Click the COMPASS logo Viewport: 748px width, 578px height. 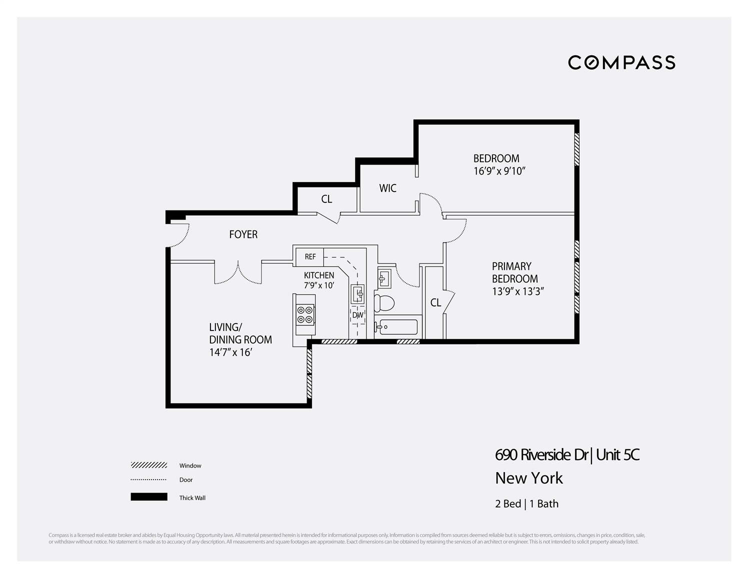[x=621, y=62]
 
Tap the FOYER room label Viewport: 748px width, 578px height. [x=243, y=234]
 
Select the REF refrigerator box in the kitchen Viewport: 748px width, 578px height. [x=310, y=257]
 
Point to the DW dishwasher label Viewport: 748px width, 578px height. [x=357, y=315]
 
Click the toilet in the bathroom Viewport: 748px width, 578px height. [x=384, y=302]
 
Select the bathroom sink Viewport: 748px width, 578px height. [x=384, y=278]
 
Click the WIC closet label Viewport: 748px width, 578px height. [x=387, y=188]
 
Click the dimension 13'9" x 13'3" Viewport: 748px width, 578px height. [x=517, y=291]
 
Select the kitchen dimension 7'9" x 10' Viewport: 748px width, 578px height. [x=319, y=285]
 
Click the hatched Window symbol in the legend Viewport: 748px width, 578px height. [x=149, y=465]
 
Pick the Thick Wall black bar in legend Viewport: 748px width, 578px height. [x=149, y=497]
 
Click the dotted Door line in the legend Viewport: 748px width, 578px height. [x=149, y=480]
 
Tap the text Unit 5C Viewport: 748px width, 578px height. [x=618, y=455]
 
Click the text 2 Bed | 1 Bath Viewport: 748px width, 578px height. [x=526, y=504]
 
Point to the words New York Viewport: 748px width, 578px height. [x=529, y=478]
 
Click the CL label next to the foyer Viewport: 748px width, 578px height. [x=326, y=199]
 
